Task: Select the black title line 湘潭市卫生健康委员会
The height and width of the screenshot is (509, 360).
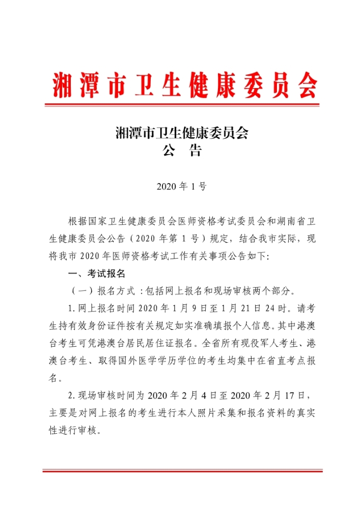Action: [181, 134]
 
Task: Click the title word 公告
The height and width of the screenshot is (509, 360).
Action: [181, 151]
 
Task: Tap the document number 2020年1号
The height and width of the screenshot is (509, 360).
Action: [181, 186]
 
